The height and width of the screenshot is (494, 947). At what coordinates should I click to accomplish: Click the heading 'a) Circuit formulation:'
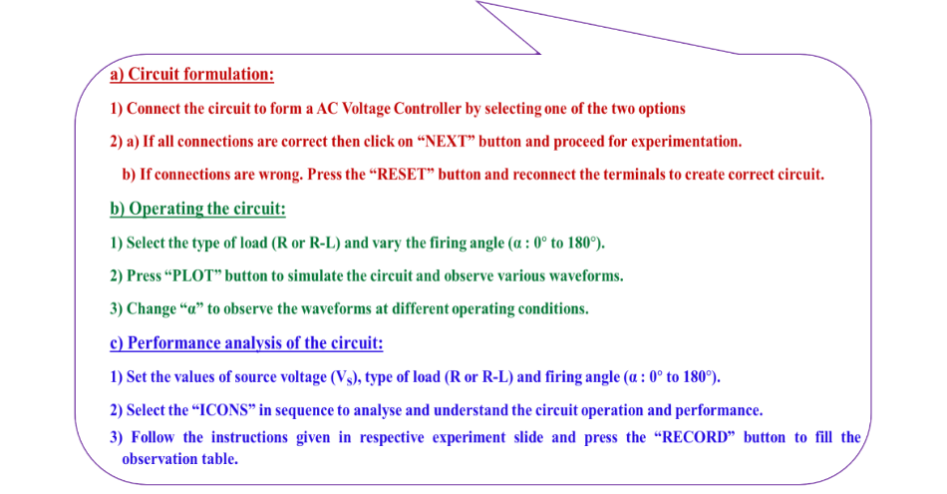click(191, 75)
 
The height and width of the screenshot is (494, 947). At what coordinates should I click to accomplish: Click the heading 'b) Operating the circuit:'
click(197, 209)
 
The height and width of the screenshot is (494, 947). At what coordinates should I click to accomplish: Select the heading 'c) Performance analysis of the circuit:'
click(246, 343)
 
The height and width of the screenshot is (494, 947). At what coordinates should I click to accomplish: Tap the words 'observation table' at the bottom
click(179, 459)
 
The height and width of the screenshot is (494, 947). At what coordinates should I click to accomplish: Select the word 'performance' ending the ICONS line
click(722, 410)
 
